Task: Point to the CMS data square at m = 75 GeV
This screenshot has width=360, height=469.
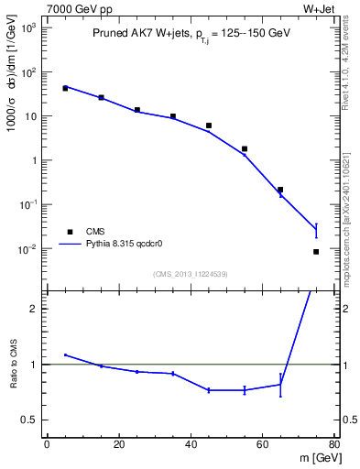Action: (316, 251)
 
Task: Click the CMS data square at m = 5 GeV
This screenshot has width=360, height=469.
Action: (65, 88)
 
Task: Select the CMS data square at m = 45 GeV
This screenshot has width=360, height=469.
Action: (209, 125)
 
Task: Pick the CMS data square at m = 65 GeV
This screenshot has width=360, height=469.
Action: (280, 190)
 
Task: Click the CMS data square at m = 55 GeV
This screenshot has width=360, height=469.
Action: (245, 148)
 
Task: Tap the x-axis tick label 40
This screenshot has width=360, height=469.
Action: (191, 446)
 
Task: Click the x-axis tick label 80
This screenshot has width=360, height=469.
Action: (333, 446)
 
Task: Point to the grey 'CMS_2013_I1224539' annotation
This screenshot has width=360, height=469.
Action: (190, 274)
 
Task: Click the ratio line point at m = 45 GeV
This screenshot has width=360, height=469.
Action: (209, 390)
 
